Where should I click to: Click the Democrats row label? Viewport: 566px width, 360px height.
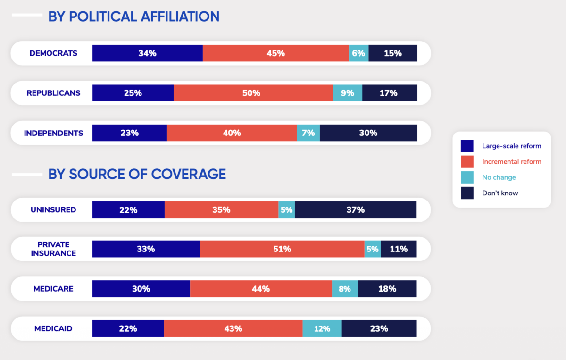[53, 53]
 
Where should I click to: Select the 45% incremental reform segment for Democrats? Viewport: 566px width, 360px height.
[275, 53]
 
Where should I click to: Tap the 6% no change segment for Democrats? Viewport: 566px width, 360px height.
[358, 53]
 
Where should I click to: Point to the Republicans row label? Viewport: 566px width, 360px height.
[53, 93]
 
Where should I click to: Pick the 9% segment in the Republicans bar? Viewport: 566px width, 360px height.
[348, 93]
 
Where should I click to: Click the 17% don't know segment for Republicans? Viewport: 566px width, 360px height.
[389, 93]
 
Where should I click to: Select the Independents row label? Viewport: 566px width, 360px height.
[53, 133]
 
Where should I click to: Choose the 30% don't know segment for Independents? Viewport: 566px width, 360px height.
[368, 133]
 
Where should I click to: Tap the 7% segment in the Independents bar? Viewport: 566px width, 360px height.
[308, 133]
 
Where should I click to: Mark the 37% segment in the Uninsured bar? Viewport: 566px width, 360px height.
[355, 209]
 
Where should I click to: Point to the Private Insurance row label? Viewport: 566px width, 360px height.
[53, 249]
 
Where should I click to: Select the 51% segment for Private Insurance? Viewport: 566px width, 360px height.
[282, 249]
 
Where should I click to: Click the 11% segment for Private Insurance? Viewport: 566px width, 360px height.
[399, 249]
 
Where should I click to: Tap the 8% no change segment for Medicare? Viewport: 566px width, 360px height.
[345, 289]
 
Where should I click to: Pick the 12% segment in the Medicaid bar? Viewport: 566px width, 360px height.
[322, 328]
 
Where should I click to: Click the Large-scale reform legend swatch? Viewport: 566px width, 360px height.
[467, 146]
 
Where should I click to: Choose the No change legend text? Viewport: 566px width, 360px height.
[499, 177]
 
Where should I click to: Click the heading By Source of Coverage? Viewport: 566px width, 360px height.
[137, 174]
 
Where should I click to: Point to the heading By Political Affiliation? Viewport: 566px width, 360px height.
[133, 17]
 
